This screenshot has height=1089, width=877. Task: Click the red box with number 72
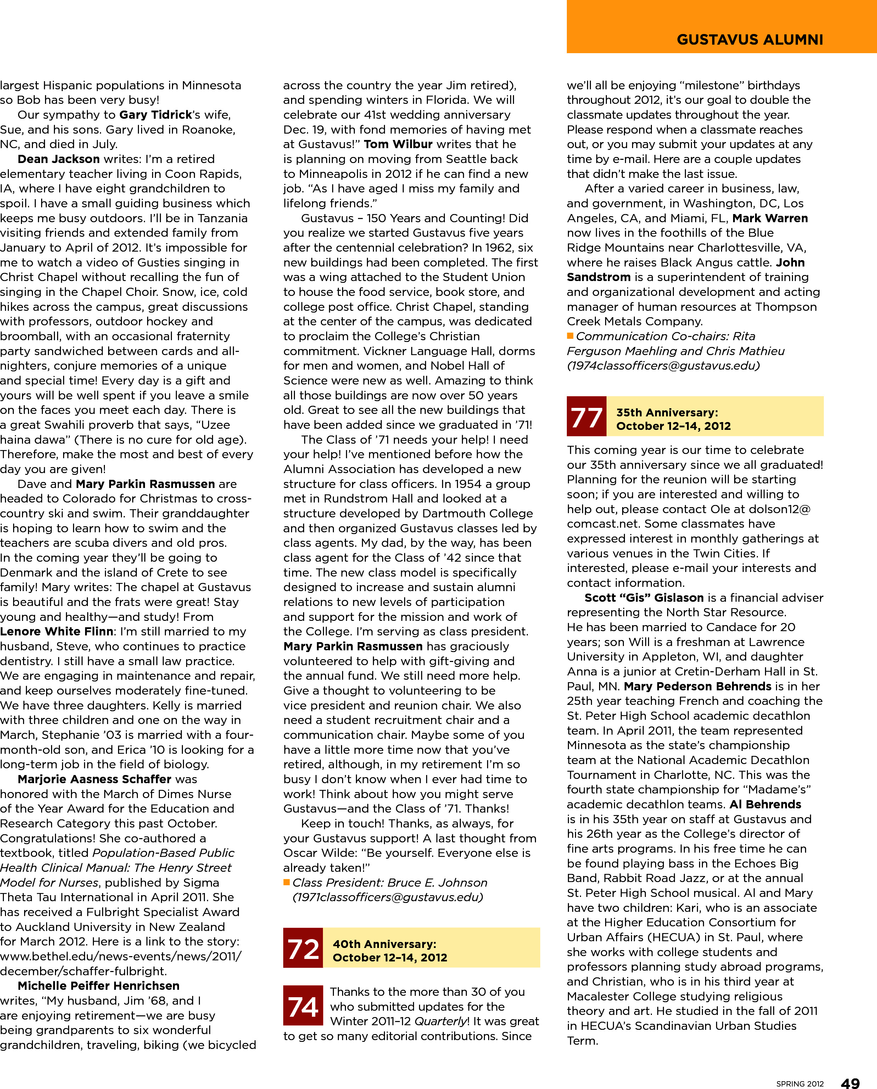click(x=303, y=948)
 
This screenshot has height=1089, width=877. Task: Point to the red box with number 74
click(x=303, y=1005)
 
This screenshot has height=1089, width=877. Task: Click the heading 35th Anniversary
click(x=667, y=412)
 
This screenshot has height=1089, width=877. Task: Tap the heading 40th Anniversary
click(x=384, y=944)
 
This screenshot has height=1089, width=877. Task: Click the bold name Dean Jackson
click(x=58, y=159)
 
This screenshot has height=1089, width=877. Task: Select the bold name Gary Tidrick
click(x=156, y=115)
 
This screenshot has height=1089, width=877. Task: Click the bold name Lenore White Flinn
click(x=57, y=631)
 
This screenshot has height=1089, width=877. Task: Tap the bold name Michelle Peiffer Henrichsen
click(x=99, y=986)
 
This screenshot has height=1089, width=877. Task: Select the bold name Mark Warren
click(x=770, y=218)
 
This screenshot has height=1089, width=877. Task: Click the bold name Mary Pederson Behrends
click(x=697, y=686)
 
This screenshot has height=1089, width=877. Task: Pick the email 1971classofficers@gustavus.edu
click(x=387, y=897)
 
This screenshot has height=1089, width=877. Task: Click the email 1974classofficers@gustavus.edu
click(x=663, y=365)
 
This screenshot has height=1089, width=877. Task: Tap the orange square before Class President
click(x=286, y=882)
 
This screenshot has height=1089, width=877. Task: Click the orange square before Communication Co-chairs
click(x=570, y=336)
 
